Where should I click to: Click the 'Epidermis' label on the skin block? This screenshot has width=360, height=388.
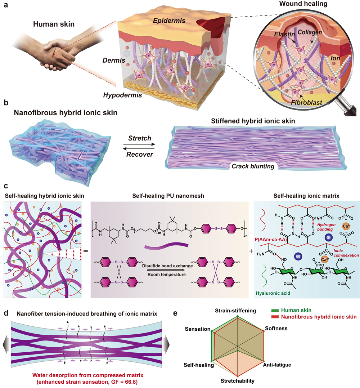point(171,21)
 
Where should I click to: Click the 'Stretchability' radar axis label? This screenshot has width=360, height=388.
point(238,380)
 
